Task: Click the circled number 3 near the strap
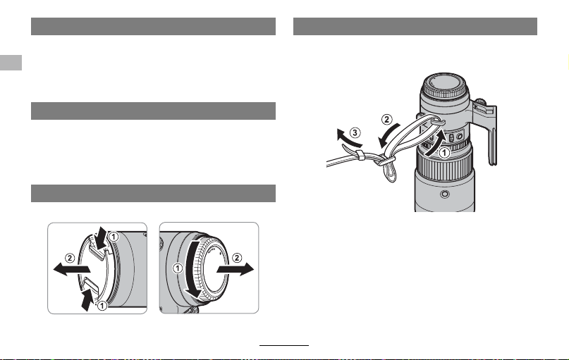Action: click(x=355, y=132)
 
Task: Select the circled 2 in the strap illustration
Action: click(x=387, y=119)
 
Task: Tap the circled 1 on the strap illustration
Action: click(x=444, y=153)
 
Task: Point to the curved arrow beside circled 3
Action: click(x=348, y=138)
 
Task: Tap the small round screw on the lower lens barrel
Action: click(x=444, y=194)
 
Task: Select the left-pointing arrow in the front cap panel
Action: click(x=71, y=269)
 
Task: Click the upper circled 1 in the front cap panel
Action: click(x=114, y=237)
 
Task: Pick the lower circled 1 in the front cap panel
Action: click(x=102, y=306)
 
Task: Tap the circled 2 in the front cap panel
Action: click(x=70, y=258)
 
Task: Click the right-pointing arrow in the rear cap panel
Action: click(x=235, y=269)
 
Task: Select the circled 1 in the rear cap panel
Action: click(x=178, y=268)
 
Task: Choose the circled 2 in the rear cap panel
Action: click(x=237, y=258)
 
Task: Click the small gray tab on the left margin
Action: click(x=11, y=63)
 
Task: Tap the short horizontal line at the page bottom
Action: click(x=284, y=345)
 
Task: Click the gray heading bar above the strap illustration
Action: click(x=415, y=27)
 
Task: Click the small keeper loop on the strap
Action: click(x=360, y=155)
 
